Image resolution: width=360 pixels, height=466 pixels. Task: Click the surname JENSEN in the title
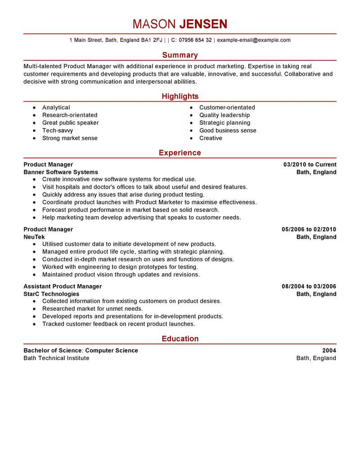[x=203, y=24]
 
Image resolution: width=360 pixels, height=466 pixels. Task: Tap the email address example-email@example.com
[x=254, y=40]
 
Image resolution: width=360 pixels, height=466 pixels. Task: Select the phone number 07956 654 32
[x=195, y=40]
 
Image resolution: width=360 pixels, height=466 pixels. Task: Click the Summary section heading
[x=180, y=55]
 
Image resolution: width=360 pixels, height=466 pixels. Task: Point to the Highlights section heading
[x=180, y=96]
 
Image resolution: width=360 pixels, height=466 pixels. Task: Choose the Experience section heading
[x=180, y=153]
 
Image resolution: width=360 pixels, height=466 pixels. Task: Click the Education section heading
[x=180, y=339]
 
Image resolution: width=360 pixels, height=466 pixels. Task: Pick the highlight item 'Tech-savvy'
[x=58, y=131]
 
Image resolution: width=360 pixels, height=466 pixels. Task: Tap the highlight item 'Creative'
[x=211, y=138]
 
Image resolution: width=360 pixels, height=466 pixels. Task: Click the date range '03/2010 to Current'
[x=310, y=165]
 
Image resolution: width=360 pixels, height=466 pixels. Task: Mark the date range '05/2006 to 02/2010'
[x=309, y=230]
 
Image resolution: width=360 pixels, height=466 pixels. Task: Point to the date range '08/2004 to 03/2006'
[x=309, y=286]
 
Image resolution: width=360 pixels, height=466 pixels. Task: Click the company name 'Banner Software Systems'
[x=60, y=172]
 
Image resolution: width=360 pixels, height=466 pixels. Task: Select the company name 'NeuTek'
[x=34, y=237]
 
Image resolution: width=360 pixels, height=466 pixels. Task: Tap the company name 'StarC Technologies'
[x=51, y=294]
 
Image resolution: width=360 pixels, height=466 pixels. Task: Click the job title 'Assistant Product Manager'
[x=63, y=286]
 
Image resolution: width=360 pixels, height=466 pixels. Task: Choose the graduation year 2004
[x=329, y=350]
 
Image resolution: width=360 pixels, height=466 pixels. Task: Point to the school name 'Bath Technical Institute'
[x=56, y=358]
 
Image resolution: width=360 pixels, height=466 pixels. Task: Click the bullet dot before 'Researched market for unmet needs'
[x=34, y=309]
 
